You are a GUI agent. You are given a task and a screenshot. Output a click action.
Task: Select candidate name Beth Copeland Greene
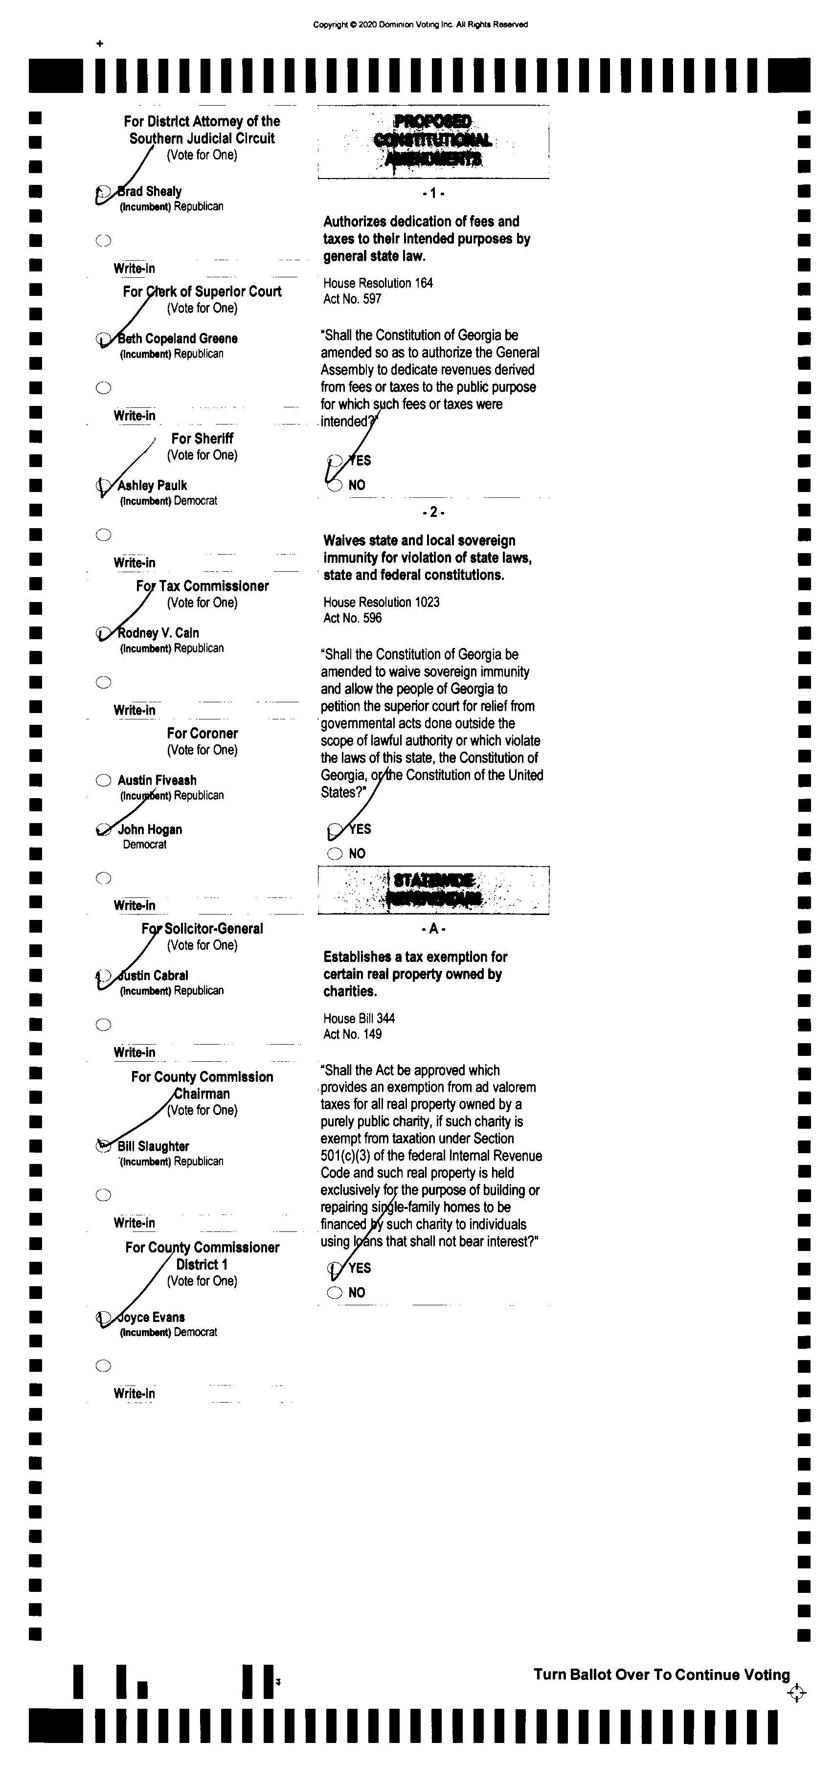pyautogui.click(x=178, y=338)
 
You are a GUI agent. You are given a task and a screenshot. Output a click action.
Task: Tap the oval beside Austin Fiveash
pyautogui.click(x=104, y=781)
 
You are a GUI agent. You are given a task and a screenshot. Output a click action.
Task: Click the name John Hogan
pyautogui.click(x=150, y=830)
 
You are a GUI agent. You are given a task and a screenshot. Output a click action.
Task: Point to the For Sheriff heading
pyautogui.click(x=202, y=439)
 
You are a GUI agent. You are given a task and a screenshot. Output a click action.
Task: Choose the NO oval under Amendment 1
pyautogui.click(x=335, y=485)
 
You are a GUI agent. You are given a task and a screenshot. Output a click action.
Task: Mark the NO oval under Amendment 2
pyautogui.click(x=335, y=854)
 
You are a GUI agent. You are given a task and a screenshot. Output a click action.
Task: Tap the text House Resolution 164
pyautogui.click(x=378, y=283)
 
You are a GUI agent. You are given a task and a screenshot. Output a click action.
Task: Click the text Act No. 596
pyautogui.click(x=352, y=618)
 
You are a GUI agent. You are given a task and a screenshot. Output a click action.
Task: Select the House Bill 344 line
pyautogui.click(x=359, y=1019)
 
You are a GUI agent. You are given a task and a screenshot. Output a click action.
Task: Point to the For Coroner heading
pyautogui.click(x=202, y=733)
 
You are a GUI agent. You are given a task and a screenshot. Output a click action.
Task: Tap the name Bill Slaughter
pyautogui.click(x=153, y=1147)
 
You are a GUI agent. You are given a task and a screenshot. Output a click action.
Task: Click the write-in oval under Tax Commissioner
pyautogui.click(x=104, y=682)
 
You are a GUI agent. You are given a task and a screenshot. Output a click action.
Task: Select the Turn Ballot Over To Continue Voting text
pyautogui.click(x=661, y=1675)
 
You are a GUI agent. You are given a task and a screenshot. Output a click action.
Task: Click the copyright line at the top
pyautogui.click(x=420, y=24)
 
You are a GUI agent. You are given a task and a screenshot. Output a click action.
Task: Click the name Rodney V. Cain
pyautogui.click(x=158, y=633)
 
